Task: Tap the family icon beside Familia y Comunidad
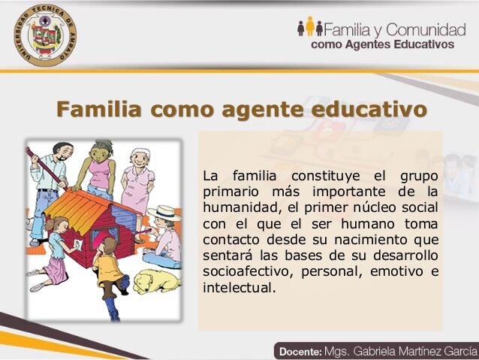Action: click(309, 28)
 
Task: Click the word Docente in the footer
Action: click(300, 351)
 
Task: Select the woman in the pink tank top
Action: click(98, 168)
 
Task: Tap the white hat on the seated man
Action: click(161, 213)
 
